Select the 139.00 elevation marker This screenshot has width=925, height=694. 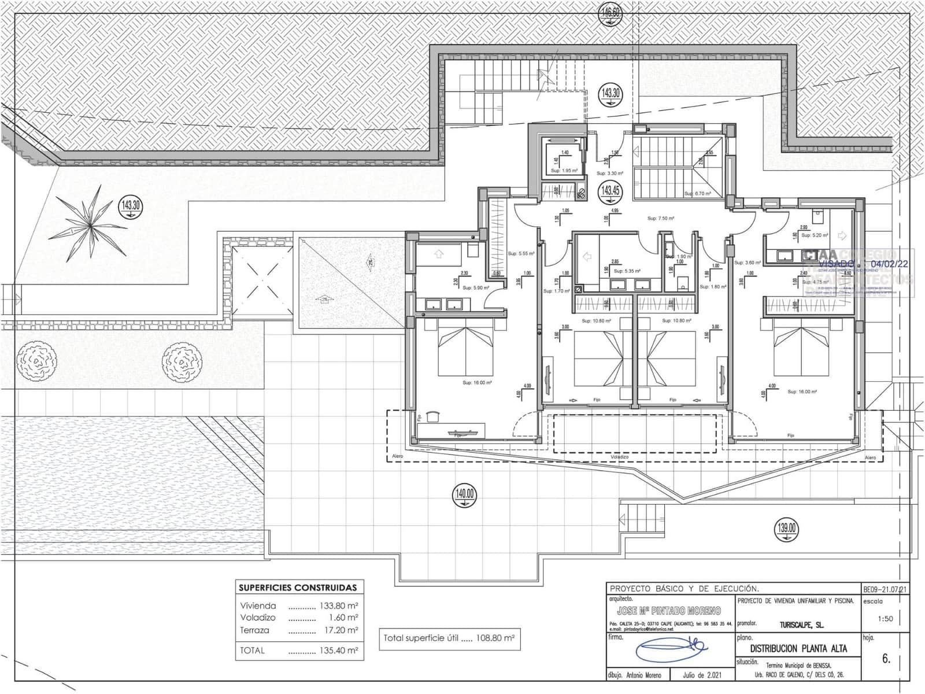[787, 527]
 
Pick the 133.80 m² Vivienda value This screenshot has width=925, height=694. [338, 606]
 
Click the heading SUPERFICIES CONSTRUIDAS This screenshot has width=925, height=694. [298, 588]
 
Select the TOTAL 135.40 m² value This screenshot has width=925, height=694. [338, 650]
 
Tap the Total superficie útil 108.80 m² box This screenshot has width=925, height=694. [449, 638]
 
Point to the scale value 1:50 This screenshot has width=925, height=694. [885, 618]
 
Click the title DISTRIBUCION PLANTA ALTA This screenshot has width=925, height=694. [798, 648]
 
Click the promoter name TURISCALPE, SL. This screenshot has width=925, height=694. [798, 625]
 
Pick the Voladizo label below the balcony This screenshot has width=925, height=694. [619, 457]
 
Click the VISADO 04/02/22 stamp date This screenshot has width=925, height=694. [889, 264]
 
